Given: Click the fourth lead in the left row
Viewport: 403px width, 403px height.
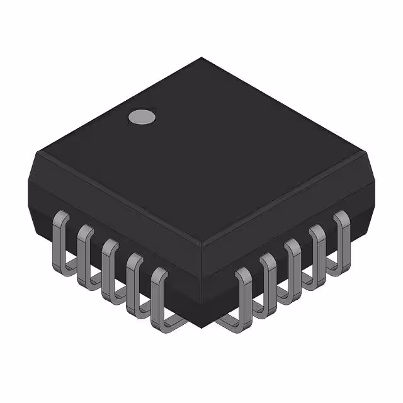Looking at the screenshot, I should click(134, 280).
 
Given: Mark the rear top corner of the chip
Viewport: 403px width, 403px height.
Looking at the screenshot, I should click(201, 59).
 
